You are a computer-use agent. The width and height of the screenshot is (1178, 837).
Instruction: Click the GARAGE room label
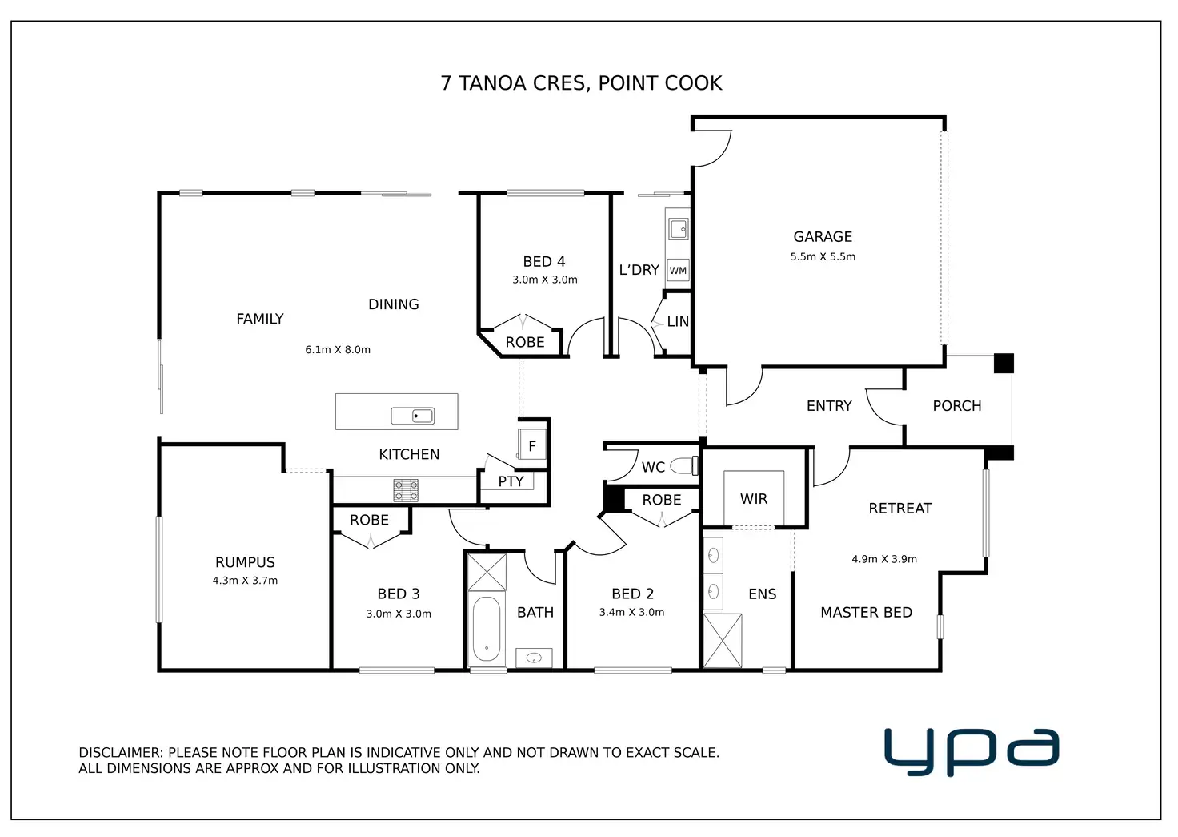click(823, 237)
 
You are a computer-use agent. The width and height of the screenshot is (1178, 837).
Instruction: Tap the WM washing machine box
click(678, 271)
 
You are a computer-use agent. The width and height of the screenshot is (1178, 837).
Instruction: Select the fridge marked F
click(532, 446)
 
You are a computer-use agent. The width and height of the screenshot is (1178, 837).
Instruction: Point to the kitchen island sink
click(413, 416)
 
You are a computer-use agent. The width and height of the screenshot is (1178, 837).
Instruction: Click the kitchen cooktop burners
click(406, 490)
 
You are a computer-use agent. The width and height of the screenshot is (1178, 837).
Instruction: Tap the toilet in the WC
click(684, 465)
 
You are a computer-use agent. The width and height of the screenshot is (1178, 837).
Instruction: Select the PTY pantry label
click(511, 481)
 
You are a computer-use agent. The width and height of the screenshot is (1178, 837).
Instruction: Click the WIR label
click(754, 499)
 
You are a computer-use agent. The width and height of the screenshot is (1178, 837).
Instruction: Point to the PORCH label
click(957, 406)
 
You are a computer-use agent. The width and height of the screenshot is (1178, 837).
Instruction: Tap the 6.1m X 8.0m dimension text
click(338, 350)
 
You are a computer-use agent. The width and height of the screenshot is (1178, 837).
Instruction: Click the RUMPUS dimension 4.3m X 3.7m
click(245, 581)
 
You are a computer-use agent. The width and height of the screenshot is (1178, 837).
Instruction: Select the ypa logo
click(972, 750)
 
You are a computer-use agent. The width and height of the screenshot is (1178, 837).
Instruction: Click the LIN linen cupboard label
click(678, 321)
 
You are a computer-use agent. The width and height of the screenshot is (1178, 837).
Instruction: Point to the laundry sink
click(679, 228)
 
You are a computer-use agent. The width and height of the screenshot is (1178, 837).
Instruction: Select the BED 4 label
click(544, 262)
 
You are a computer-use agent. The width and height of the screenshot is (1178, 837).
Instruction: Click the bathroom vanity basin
click(534, 658)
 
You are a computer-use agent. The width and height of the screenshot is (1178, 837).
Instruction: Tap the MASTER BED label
click(866, 613)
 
